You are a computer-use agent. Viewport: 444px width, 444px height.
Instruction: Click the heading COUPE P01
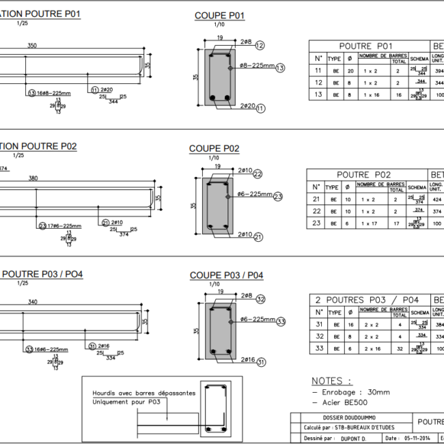point(219,16)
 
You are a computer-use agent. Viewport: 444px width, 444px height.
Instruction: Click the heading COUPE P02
point(214,148)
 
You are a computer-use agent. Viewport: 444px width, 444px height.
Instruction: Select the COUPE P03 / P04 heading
point(226,275)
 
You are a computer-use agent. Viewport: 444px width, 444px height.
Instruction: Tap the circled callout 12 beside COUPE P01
point(260,45)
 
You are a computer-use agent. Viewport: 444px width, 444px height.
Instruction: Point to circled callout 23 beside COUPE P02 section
point(277,197)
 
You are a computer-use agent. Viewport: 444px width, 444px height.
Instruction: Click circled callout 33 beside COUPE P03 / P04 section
point(280,322)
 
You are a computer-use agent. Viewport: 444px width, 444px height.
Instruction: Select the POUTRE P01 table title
point(366,45)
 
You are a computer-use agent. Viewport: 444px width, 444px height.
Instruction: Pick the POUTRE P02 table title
point(364,175)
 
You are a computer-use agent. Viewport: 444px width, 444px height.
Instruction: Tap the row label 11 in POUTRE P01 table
point(318,70)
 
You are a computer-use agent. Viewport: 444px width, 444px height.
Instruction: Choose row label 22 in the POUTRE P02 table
point(316,211)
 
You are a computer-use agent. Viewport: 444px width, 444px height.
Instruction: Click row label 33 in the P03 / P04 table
point(318,348)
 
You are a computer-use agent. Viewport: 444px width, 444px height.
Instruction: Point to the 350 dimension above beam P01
point(32,46)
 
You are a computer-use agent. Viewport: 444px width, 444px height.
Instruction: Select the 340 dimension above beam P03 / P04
point(32,301)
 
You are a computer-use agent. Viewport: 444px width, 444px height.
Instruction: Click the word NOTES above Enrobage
point(332,381)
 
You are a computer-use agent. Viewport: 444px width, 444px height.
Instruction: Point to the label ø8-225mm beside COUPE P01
point(257,66)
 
